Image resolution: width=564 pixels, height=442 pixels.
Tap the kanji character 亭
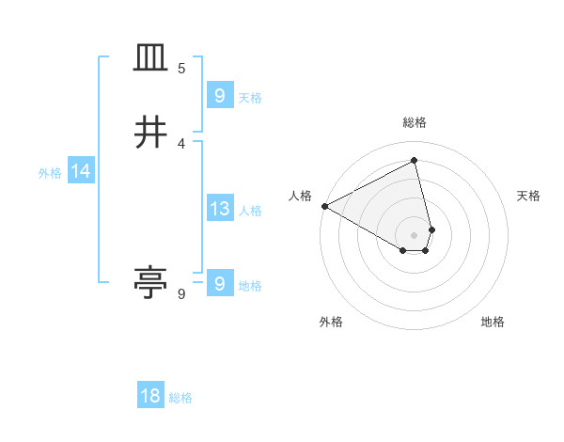pyautogui.click(x=150, y=282)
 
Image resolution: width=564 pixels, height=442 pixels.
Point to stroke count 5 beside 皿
pyautogui.click(x=181, y=69)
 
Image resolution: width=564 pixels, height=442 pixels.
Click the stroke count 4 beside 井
pyautogui.click(x=181, y=143)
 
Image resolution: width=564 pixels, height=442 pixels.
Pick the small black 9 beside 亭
pyautogui.click(x=181, y=294)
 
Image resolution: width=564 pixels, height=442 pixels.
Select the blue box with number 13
pyautogui.click(x=219, y=209)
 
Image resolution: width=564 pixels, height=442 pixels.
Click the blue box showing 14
pyautogui.click(x=80, y=171)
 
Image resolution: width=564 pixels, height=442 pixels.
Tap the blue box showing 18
pyautogui.click(x=150, y=396)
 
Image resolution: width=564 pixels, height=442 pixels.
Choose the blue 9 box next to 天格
pyautogui.click(x=219, y=96)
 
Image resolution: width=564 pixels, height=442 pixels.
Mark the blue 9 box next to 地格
pyautogui.click(x=219, y=283)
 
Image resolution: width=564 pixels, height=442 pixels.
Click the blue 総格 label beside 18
pyautogui.click(x=180, y=398)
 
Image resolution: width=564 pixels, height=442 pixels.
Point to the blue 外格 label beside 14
pyautogui.click(x=50, y=173)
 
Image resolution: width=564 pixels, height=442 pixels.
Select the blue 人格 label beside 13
pyautogui.click(x=250, y=211)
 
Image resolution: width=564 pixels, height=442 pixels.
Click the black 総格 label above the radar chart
pyautogui.click(x=415, y=122)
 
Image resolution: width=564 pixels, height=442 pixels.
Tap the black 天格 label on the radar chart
pyautogui.click(x=529, y=196)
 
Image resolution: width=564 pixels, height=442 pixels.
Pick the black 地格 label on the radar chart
pyautogui.click(x=493, y=322)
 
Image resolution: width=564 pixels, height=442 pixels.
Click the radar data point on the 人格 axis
pyautogui.click(x=324, y=206)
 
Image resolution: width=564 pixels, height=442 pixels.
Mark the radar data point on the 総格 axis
pyautogui.click(x=415, y=161)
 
